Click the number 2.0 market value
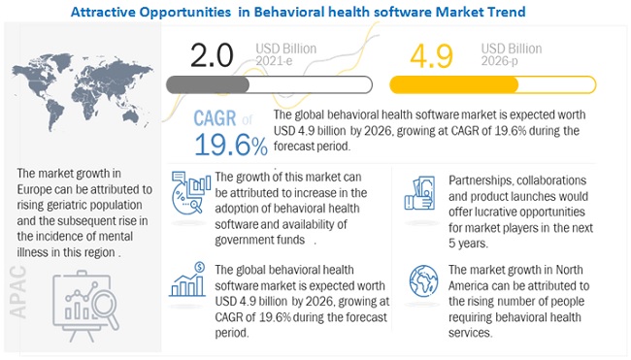pyautogui.click(x=214, y=54)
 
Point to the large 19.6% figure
pyautogui.click(x=231, y=147)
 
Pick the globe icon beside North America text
pyautogui.click(x=425, y=280)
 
